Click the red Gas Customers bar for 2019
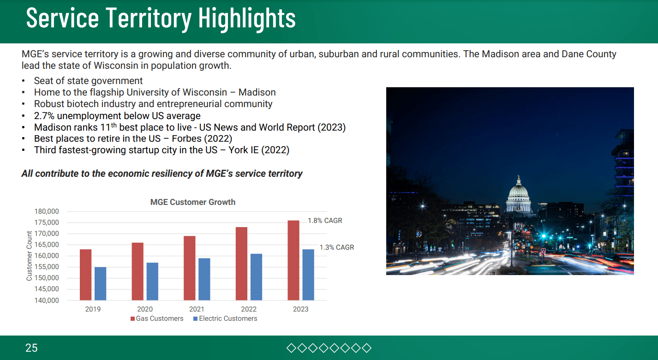85,275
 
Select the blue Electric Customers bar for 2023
308,275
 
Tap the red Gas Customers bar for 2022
241,264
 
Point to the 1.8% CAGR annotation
325,221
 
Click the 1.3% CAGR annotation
336,247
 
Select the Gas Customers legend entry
157,318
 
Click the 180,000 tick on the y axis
47,211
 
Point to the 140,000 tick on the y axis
47,300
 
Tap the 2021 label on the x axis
197,309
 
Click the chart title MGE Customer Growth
193,202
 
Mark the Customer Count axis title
30,256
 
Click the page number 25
31,348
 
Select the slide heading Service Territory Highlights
161,18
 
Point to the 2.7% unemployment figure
45,115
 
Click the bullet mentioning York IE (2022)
162,150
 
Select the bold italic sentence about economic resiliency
162,174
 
